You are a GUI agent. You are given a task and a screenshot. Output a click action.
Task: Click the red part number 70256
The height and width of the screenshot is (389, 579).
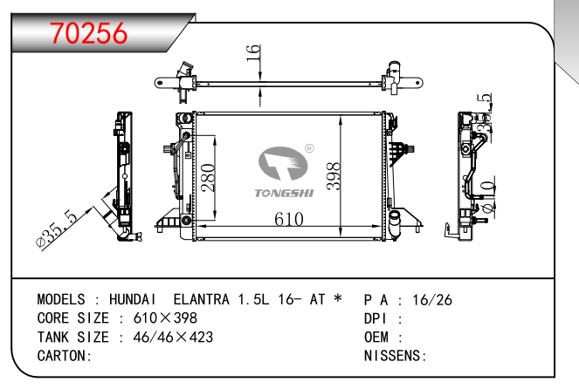pos(88,33)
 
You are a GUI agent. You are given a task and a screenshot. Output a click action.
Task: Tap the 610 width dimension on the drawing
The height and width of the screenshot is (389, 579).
pos(289,219)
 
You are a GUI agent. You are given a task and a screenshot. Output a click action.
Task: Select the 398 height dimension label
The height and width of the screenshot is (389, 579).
pos(334,176)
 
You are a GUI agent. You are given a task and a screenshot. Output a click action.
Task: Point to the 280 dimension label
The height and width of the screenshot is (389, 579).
pos(208,178)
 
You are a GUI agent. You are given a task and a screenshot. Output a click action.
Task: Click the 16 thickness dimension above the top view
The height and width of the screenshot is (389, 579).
pos(253,53)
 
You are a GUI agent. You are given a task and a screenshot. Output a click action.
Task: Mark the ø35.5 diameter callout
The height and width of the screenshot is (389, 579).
pos(57,229)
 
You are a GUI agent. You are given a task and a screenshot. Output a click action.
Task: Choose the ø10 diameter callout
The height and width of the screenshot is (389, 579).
pos(488,197)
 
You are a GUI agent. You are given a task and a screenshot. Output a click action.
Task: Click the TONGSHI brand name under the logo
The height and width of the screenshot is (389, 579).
pos(285,194)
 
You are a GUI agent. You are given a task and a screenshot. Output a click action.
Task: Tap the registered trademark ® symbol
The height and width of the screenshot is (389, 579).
pos(309,148)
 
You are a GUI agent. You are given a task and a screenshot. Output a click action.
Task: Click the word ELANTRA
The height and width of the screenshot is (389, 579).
pos(201,299)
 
